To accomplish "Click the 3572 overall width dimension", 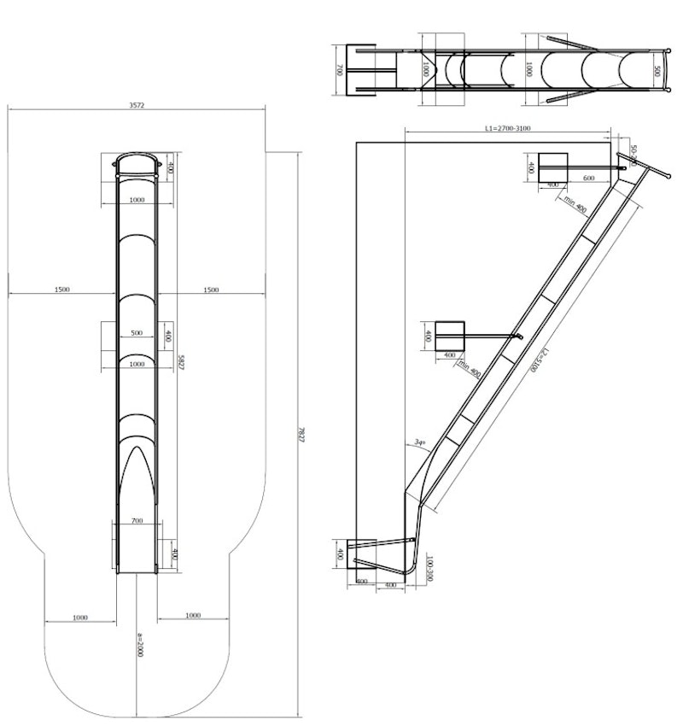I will click(137, 105).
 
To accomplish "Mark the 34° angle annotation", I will click(418, 442).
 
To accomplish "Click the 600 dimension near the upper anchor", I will click(589, 178).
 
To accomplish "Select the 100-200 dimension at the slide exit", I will click(432, 568).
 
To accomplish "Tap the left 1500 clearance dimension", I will click(61, 290).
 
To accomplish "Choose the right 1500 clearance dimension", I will click(211, 290).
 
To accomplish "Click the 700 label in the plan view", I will click(137, 520).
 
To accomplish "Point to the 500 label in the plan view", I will click(137, 332).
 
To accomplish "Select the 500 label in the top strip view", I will click(656, 71).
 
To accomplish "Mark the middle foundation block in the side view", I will click(450, 335).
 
